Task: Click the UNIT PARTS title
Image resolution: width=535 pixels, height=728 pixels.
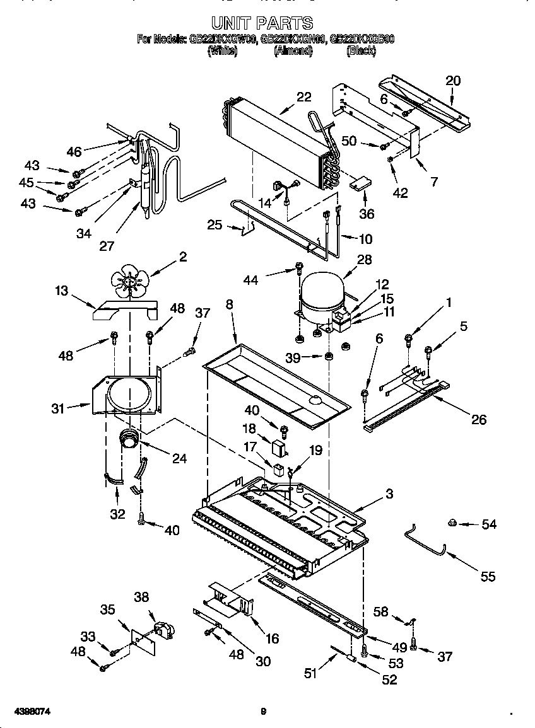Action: tap(262, 23)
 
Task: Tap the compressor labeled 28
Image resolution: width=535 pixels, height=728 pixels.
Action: tap(321, 296)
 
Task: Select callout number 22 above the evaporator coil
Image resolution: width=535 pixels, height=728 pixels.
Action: tap(304, 97)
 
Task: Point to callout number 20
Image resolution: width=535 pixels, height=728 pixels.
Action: tap(453, 81)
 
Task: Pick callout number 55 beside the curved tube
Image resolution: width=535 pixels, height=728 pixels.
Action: tap(488, 576)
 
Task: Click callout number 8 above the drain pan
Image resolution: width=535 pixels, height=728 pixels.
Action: tap(229, 304)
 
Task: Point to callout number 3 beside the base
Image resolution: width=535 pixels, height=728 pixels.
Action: tap(389, 495)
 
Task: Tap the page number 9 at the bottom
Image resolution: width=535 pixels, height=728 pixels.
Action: tap(264, 712)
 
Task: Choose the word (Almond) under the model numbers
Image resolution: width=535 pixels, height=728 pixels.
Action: tap(293, 52)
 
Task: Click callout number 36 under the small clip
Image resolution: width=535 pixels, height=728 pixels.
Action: tap(367, 214)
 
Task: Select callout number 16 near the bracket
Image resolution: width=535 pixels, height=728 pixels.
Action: tap(272, 638)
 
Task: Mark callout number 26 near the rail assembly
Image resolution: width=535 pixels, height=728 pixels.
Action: tap(479, 420)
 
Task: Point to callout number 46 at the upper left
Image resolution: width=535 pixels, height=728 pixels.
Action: tap(74, 151)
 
